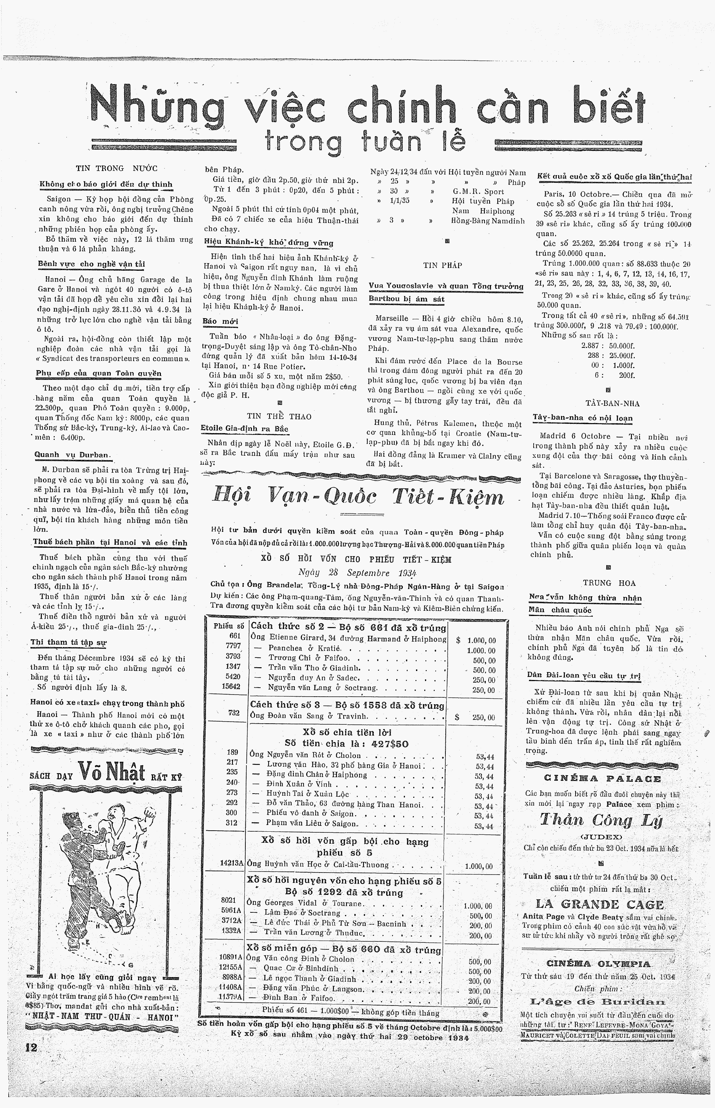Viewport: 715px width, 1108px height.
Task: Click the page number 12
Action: click(31, 1047)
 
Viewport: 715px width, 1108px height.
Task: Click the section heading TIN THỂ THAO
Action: click(279, 416)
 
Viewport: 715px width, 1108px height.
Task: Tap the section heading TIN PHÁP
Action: click(443, 265)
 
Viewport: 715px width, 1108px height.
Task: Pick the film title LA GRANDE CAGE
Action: click(600, 904)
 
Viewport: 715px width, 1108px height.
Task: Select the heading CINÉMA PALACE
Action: click(602, 779)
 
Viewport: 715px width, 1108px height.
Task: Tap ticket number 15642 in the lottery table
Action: click(231, 686)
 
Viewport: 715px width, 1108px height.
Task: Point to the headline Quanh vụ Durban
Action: click(72, 455)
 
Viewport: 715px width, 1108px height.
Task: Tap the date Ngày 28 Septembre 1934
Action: click(357, 573)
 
